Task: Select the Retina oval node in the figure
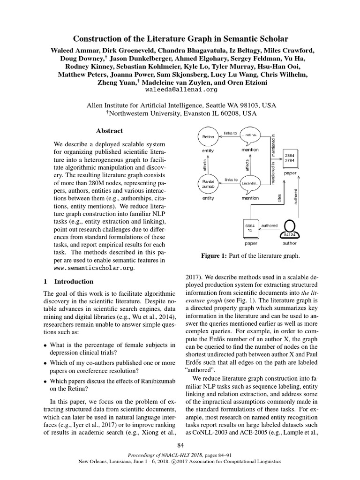pos(208,136)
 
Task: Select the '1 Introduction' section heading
pos(68,282)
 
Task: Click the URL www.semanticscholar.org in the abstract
pos(93,268)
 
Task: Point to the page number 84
pos(180,445)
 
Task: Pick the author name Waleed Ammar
pos(71,50)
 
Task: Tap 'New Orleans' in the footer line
pos(96,462)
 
